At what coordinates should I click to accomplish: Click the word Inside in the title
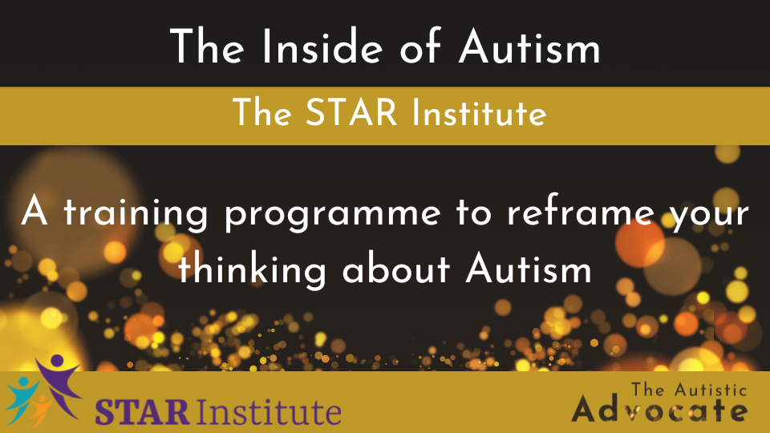(x=322, y=47)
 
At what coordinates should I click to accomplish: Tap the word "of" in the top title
(x=419, y=46)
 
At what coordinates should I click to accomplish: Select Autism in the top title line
(x=529, y=47)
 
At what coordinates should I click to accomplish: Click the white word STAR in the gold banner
(x=351, y=112)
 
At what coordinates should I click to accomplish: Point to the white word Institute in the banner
(x=479, y=112)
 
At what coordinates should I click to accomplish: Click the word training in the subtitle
(x=136, y=214)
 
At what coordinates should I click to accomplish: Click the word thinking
(x=252, y=269)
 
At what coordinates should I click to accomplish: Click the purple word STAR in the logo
(x=142, y=412)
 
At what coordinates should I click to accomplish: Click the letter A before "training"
(x=34, y=211)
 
